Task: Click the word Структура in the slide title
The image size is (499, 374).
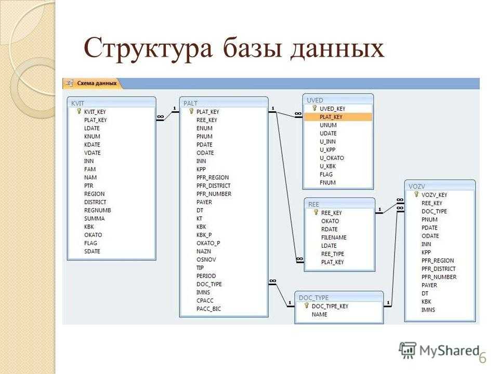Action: [148, 48]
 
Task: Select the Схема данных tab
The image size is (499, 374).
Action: [93, 83]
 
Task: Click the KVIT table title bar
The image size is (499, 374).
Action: [111, 103]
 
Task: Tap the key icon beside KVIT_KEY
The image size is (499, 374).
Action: [79, 111]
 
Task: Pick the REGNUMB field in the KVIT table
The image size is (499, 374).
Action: [97, 210]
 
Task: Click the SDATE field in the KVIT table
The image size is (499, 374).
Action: [92, 251]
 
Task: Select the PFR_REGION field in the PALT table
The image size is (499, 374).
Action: [213, 178]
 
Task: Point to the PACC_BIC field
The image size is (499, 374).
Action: [208, 309]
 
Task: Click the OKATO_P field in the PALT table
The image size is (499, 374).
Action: [208, 243]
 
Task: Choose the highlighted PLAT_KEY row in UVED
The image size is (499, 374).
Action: [338, 117]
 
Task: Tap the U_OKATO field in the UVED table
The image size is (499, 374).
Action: [332, 158]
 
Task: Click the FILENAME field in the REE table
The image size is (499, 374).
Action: [334, 237]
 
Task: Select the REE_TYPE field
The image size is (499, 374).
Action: [333, 254]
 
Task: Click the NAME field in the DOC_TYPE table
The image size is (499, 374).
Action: [320, 314]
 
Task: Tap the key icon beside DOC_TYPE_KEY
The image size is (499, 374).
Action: [307, 305]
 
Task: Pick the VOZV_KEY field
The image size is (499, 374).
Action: [434, 195]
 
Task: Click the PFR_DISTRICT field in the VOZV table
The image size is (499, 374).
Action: [439, 269]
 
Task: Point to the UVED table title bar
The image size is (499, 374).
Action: [338, 100]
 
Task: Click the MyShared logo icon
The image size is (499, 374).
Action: [408, 351]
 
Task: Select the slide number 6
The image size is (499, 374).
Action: [483, 357]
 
